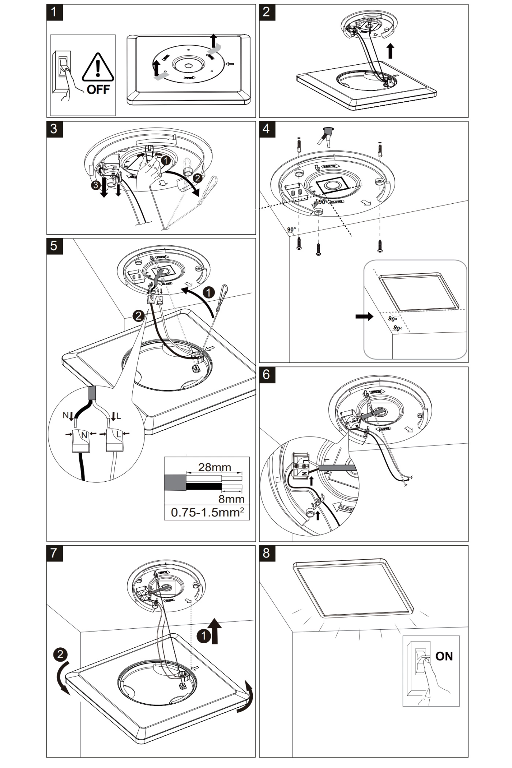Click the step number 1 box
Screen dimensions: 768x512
coord(54,12)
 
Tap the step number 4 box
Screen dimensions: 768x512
coord(267,129)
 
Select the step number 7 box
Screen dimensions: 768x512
coord(54,553)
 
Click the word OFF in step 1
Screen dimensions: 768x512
coord(98,89)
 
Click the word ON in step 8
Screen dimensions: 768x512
coord(444,656)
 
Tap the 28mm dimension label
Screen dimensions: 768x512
coord(214,467)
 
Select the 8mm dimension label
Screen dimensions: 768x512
coord(231,499)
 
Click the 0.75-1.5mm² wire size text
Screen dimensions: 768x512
coord(207,512)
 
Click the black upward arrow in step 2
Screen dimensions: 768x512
coord(391,51)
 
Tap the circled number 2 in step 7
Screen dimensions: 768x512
coord(60,654)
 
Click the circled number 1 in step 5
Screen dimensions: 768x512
coord(208,293)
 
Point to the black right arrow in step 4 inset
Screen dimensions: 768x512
coord(364,316)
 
